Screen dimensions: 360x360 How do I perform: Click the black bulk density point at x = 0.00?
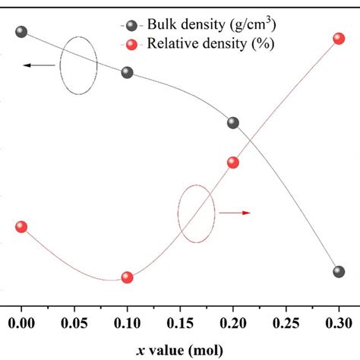[x=21, y=32]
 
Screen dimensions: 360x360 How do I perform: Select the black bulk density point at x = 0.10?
[x=127, y=72]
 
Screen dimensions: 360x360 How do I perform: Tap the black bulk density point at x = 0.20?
[x=233, y=122]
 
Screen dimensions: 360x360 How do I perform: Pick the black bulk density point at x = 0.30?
[x=339, y=271]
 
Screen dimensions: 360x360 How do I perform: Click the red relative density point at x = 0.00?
[x=21, y=226]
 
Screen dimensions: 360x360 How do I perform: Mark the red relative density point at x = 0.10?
[x=127, y=277]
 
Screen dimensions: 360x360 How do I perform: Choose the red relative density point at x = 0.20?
[x=233, y=162]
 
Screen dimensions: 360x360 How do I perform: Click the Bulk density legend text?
[x=216, y=24]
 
